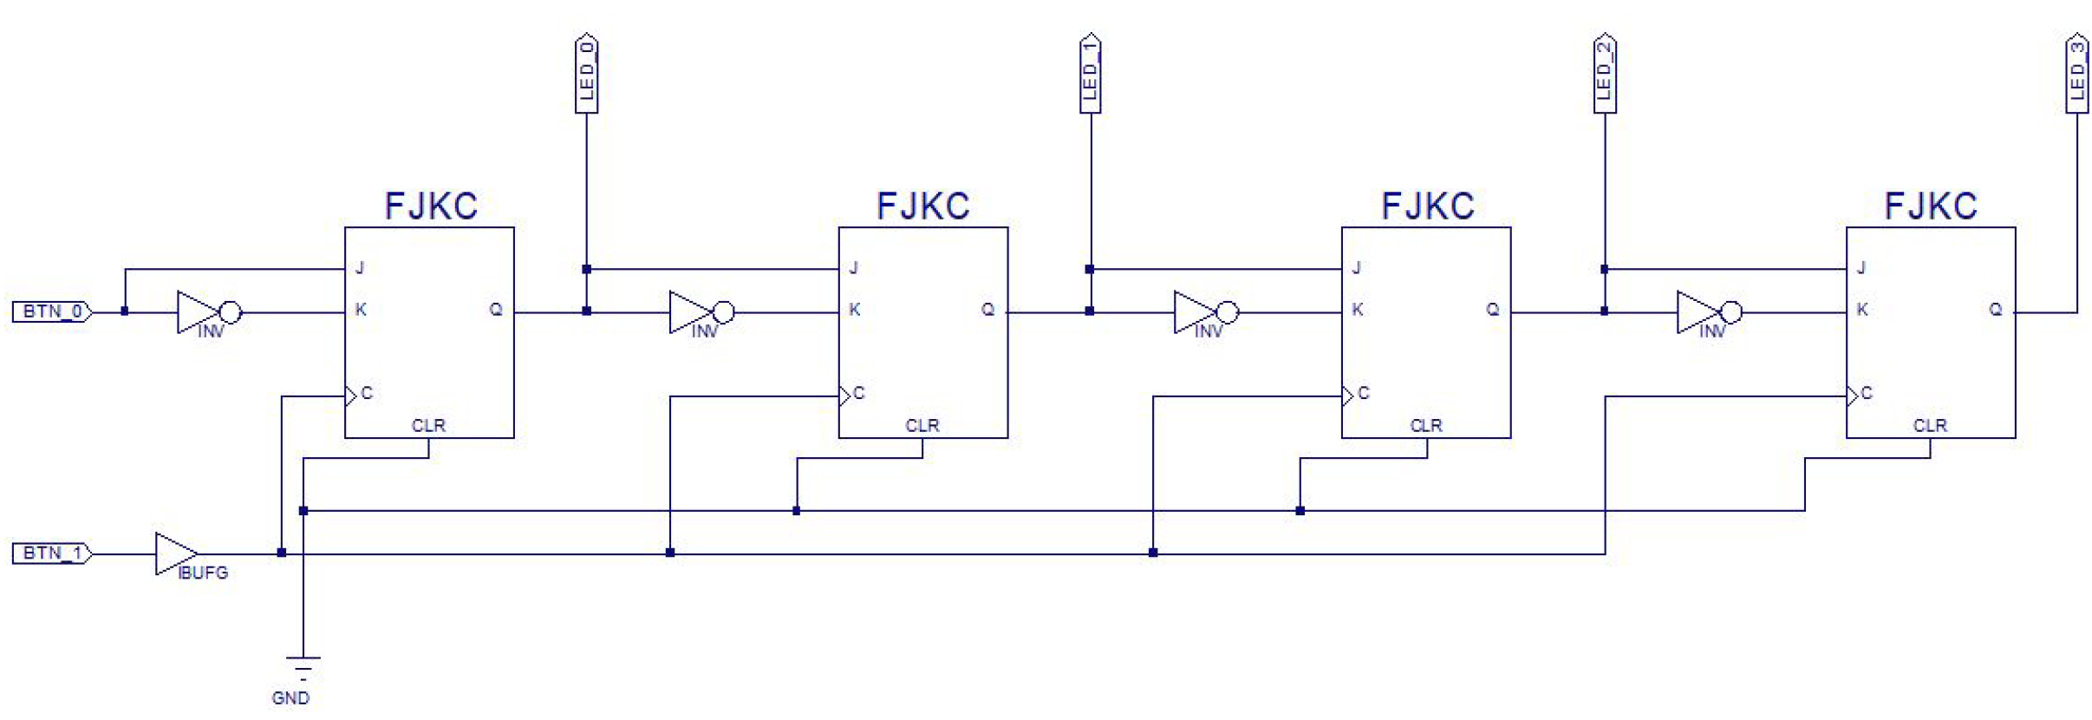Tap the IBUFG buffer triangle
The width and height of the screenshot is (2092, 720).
click(x=174, y=553)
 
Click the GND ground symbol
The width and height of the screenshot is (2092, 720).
click(x=303, y=670)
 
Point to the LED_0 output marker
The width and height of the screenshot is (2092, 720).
click(x=587, y=74)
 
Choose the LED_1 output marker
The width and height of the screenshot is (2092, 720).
click(x=1090, y=74)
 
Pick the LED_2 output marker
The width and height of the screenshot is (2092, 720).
click(x=1605, y=74)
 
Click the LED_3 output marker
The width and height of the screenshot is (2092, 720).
click(x=2076, y=74)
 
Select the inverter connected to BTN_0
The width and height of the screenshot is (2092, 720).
click(x=206, y=312)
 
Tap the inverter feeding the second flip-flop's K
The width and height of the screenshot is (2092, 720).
click(x=699, y=312)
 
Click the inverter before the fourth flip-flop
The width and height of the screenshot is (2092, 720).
click(x=1706, y=312)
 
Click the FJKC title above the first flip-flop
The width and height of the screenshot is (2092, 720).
click(x=431, y=206)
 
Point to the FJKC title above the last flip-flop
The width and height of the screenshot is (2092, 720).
click(x=1931, y=206)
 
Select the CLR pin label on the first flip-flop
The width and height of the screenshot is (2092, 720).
click(x=428, y=426)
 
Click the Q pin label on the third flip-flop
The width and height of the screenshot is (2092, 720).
click(x=1492, y=310)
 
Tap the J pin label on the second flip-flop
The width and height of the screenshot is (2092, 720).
click(x=854, y=268)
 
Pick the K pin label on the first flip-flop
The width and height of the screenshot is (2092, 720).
click(x=361, y=310)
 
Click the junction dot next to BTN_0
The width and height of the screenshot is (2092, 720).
click(x=125, y=311)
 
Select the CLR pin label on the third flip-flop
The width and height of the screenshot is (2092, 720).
click(x=1426, y=426)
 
